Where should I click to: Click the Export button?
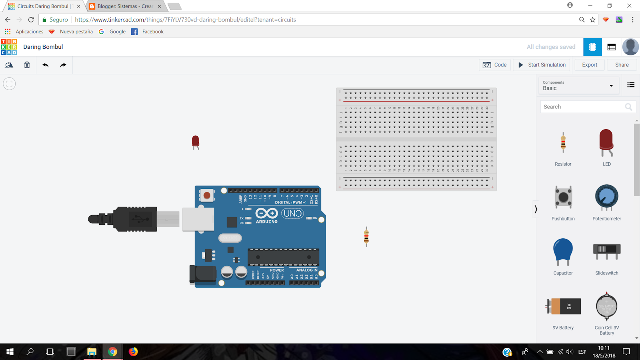pos(589,65)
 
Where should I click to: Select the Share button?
pos(622,65)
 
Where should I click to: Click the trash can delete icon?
pos(27,65)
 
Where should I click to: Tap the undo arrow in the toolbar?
pos(46,65)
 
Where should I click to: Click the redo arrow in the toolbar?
pos(63,65)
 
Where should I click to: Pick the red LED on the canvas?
pos(196,141)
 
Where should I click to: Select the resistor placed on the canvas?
pos(366,236)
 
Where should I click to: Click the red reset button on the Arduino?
pos(207,196)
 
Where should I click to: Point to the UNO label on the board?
pos(292,214)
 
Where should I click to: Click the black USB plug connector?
pos(132,219)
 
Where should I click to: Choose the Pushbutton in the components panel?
pos(563,197)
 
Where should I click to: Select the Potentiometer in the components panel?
pos(606,197)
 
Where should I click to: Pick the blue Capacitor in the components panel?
pos(563,251)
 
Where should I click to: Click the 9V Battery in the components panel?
pos(563,307)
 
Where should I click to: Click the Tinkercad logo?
pos(9,47)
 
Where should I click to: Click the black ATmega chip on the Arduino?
pos(283,257)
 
